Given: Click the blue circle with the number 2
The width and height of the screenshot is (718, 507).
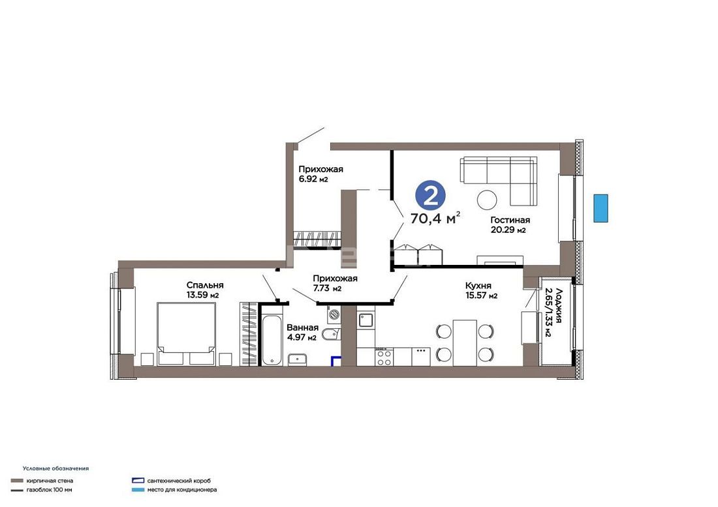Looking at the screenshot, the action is pyautogui.click(x=430, y=196).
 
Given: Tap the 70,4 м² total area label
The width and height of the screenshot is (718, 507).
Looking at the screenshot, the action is pyautogui.click(x=435, y=219).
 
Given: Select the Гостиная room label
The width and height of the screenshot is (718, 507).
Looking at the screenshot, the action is pyautogui.click(x=510, y=220).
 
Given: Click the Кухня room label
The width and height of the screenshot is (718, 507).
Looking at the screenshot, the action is pyautogui.click(x=478, y=286).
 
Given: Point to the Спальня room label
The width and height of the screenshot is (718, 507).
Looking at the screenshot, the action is pyautogui.click(x=205, y=286).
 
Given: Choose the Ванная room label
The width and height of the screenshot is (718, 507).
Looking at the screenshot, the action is pyautogui.click(x=302, y=328).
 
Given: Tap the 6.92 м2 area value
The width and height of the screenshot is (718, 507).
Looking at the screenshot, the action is pyautogui.click(x=314, y=179).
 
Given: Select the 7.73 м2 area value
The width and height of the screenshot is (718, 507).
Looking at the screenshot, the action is pyautogui.click(x=328, y=288).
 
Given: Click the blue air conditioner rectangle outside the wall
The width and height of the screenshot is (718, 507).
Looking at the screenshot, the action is pyautogui.click(x=601, y=208).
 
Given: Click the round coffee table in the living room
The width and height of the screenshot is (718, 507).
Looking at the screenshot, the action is pyautogui.click(x=487, y=200).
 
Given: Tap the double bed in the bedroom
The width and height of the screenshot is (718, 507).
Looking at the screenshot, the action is pyautogui.click(x=187, y=333).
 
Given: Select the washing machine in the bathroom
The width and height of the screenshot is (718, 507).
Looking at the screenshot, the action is pyautogui.click(x=334, y=315).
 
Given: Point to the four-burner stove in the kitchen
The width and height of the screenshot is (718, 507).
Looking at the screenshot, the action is pyautogui.click(x=384, y=357).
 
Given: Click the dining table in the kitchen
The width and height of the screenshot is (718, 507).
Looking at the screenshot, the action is pyautogui.click(x=465, y=343).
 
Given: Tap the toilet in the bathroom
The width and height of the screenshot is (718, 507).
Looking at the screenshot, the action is pyautogui.click(x=331, y=335).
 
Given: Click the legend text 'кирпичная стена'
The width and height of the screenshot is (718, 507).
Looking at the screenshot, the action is pyautogui.click(x=50, y=481).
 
